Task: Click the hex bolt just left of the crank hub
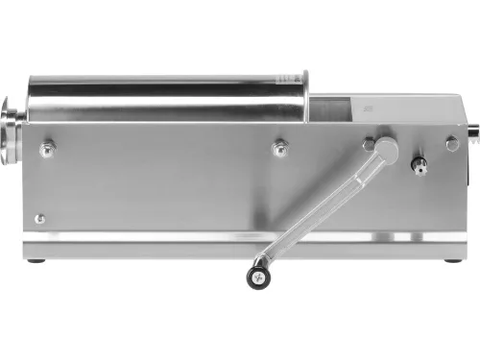(x=369, y=144)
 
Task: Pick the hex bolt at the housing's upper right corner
(x=451, y=143)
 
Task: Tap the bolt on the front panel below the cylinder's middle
(x=280, y=148)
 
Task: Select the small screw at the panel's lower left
(x=39, y=218)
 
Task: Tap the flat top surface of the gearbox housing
(x=403, y=100)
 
